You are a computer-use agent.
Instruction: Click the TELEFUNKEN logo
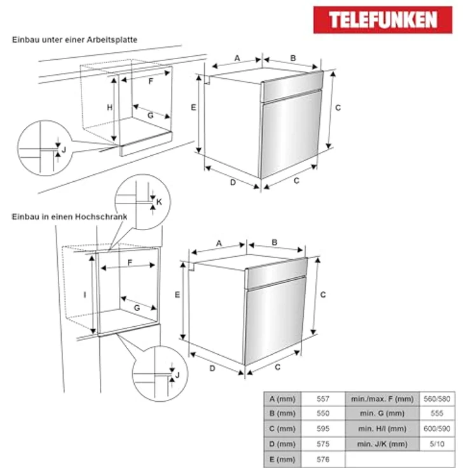(382, 20)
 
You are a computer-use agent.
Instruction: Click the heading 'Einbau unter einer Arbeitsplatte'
(74, 39)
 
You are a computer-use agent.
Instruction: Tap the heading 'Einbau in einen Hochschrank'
(69, 216)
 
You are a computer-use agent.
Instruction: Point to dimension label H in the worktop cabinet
(109, 107)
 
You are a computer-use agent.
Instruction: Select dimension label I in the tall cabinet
(85, 294)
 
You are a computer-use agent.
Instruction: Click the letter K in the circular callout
(160, 202)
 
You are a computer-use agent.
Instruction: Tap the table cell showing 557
(323, 399)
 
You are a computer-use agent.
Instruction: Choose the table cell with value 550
(323, 414)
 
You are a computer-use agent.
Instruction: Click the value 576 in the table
(323, 459)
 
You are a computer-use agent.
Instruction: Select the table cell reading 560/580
(437, 399)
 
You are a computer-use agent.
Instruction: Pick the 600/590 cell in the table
(437, 429)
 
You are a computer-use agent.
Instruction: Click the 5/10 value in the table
(437, 444)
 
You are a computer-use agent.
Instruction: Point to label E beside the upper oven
(193, 107)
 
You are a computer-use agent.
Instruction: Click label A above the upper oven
(237, 59)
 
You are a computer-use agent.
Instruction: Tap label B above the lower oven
(275, 242)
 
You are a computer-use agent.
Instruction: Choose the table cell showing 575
(323, 444)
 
